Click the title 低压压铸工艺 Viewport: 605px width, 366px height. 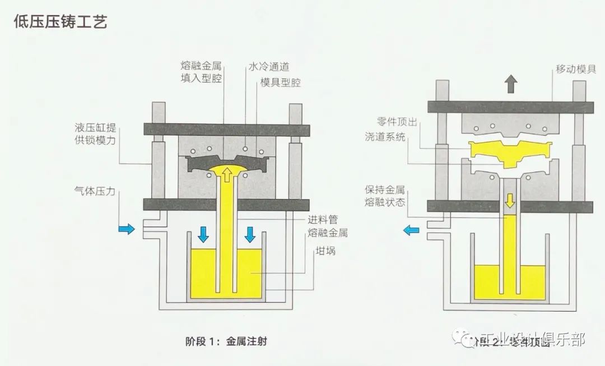(x=60, y=22)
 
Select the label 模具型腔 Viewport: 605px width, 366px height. (x=281, y=82)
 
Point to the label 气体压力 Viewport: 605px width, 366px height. (x=95, y=191)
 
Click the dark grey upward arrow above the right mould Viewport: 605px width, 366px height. (x=510, y=85)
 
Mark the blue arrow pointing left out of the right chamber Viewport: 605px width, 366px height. (x=412, y=229)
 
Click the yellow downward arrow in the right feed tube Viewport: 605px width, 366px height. (x=509, y=200)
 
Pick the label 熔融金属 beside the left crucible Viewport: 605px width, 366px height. (x=328, y=233)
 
